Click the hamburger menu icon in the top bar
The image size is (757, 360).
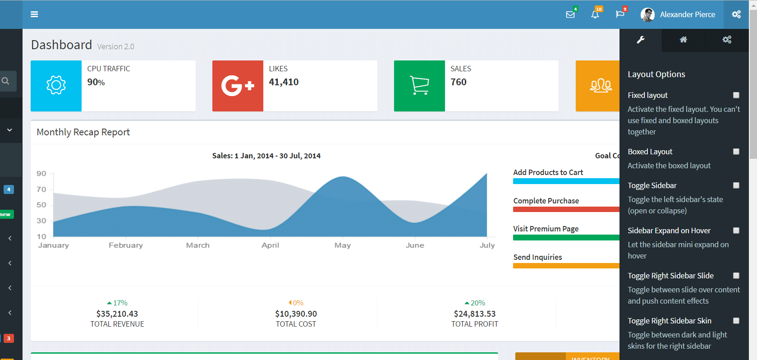pos(34,14)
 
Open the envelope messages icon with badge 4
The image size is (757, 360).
pos(570,14)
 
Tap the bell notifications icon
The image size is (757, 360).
pos(595,14)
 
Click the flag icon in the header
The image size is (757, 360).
pos(620,14)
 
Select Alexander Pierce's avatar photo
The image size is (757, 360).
pos(647,14)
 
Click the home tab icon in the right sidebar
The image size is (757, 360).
pos(684,40)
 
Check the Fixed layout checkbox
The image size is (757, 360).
pos(736,95)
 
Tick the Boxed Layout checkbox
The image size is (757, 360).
pos(736,152)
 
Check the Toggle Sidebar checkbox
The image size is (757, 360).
pos(736,185)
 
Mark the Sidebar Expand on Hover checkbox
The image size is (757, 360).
pos(736,231)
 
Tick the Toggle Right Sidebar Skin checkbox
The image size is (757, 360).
pos(736,320)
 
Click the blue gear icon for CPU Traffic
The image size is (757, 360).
pos(56,85)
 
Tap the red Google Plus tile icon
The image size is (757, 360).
pos(238,86)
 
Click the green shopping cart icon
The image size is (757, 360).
pos(419,86)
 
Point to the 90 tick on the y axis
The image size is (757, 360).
pos(41,173)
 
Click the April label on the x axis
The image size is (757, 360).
pos(271,245)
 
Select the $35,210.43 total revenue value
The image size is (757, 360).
pos(117,314)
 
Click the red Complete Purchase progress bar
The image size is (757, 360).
pos(566,209)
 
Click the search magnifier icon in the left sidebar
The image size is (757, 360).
pos(5,81)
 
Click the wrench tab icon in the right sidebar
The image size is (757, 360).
pos(641,40)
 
